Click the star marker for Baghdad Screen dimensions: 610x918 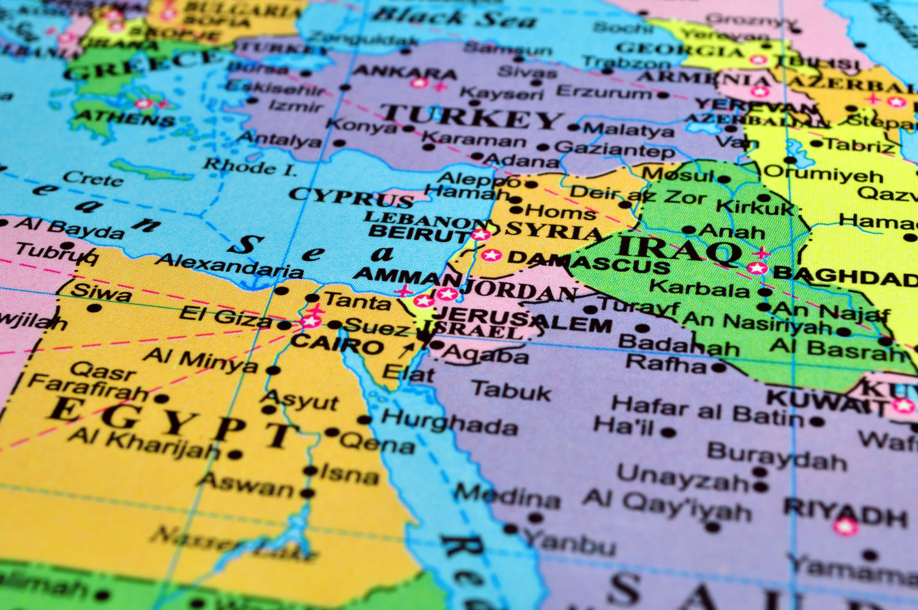758,268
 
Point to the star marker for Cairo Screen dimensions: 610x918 311,320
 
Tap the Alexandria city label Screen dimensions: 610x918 229,265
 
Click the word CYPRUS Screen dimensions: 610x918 351,198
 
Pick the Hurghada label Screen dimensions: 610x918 449,422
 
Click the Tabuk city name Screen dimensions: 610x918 511,391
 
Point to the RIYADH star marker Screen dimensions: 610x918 845,526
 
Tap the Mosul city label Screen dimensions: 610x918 677,175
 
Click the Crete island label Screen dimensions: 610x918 92,178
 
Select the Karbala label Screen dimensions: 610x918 699,287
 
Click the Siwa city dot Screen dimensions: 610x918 94,307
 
